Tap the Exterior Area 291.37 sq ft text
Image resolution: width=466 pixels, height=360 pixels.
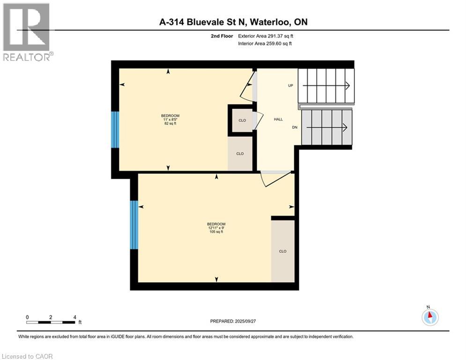click(x=266, y=36)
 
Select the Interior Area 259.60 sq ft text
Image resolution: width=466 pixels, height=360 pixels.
click(x=266, y=44)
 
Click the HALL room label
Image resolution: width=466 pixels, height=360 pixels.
click(x=278, y=120)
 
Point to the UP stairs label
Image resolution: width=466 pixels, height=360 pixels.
click(x=290, y=86)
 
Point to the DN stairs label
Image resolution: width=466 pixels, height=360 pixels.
click(x=294, y=127)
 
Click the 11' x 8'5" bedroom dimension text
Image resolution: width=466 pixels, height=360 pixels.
click(x=170, y=120)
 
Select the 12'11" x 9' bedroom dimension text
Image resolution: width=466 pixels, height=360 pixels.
click(x=216, y=228)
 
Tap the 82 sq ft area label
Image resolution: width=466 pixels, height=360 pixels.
click(x=170, y=124)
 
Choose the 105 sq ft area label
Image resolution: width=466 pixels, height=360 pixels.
click(x=216, y=232)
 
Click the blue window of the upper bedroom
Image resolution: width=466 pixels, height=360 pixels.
click(x=115, y=129)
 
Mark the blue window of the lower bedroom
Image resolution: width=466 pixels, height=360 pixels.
click(x=134, y=225)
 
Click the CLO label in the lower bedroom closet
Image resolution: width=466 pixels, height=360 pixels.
click(x=282, y=251)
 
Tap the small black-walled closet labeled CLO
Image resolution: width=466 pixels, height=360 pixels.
click(x=242, y=120)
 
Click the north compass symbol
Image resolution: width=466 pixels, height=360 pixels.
click(x=429, y=316)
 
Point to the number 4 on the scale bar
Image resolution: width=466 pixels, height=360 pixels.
click(x=75, y=317)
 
